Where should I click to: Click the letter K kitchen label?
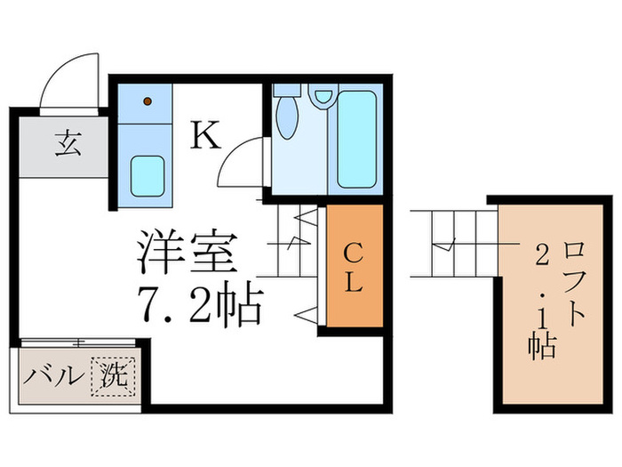pos(204,135)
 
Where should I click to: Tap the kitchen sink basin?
pos(147,175)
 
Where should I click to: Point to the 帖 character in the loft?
pos(542,342)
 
